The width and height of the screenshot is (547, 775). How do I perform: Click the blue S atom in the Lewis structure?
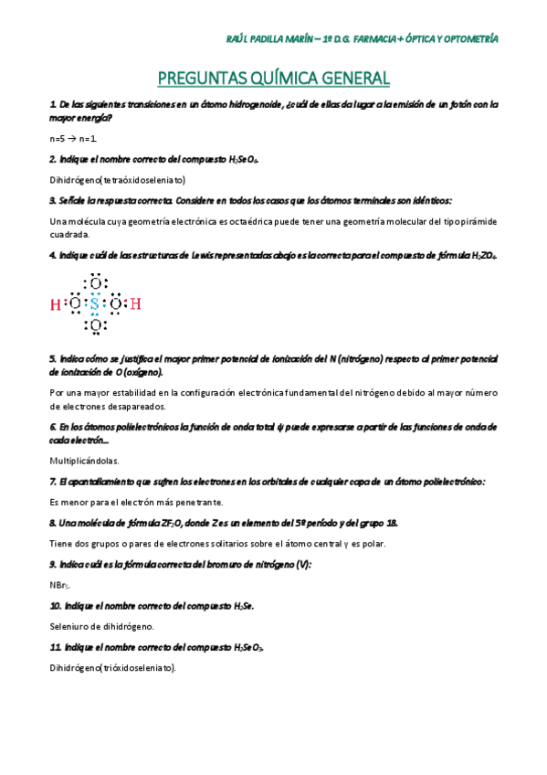pos(95,303)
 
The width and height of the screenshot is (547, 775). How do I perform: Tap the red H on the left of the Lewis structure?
pos(55,303)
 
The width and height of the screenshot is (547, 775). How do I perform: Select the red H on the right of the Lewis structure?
pos(135,303)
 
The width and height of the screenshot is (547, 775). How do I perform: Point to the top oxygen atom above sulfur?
pos(95,283)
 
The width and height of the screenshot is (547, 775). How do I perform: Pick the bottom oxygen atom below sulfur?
pos(95,324)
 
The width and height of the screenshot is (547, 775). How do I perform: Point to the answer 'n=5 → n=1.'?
pos(73,139)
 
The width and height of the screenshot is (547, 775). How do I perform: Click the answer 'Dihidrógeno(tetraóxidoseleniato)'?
pos(118,179)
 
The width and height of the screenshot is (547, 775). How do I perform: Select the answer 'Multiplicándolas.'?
pos(84,461)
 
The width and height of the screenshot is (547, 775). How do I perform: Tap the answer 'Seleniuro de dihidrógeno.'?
pos(102,626)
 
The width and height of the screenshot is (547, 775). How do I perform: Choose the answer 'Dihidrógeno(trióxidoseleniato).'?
pos(113,667)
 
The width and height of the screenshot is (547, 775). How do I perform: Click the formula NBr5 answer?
pos(59,585)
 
